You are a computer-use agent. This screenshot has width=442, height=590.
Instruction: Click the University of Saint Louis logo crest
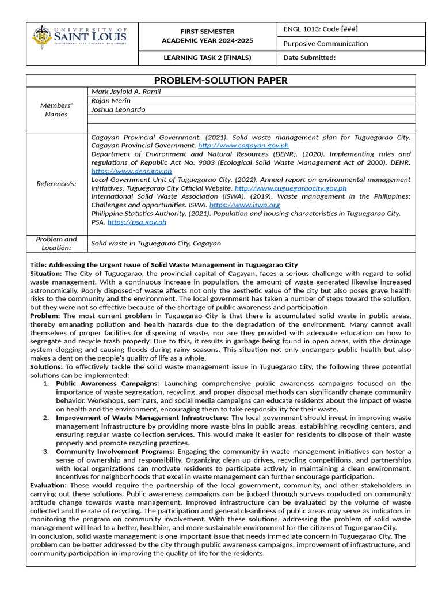click(x=42, y=37)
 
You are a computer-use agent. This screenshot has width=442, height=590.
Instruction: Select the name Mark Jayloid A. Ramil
click(x=126, y=91)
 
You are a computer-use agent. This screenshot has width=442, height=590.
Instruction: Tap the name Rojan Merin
click(x=111, y=100)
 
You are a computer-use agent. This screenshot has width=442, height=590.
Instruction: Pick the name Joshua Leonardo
click(x=118, y=109)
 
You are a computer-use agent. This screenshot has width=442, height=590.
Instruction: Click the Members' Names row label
click(x=56, y=109)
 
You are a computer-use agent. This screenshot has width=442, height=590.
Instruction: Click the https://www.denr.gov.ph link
click(x=132, y=171)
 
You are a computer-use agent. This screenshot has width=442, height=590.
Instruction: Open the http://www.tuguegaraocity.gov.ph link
click(x=291, y=188)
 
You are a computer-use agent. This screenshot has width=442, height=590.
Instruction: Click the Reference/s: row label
click(x=56, y=184)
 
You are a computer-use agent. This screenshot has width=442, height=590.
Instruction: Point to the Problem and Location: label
click(x=56, y=243)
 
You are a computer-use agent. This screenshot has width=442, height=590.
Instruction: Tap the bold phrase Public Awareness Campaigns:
click(x=108, y=383)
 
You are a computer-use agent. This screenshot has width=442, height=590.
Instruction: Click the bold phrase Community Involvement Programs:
click(x=115, y=452)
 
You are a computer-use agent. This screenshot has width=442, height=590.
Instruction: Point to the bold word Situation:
click(x=46, y=273)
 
